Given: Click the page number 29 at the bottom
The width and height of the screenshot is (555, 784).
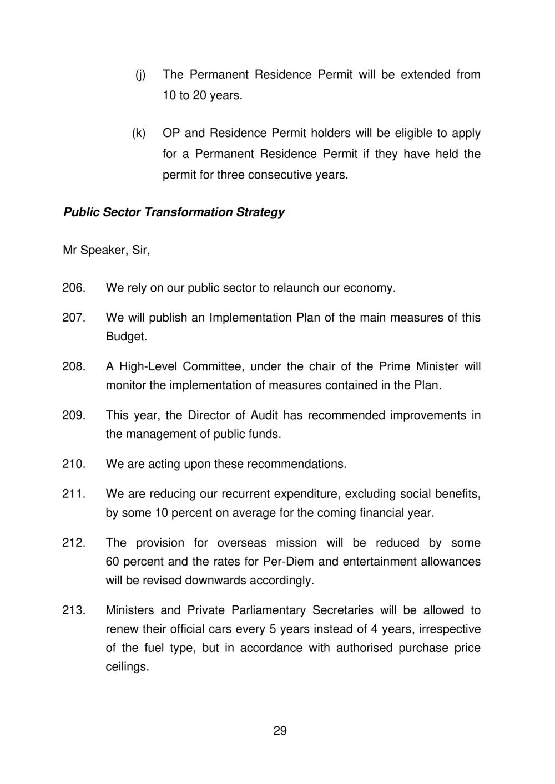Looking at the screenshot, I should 280,731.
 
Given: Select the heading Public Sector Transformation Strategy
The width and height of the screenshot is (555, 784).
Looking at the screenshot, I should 174,212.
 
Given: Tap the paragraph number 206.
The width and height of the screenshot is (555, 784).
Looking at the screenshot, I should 73,288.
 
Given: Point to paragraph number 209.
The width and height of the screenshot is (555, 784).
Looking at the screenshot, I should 73,415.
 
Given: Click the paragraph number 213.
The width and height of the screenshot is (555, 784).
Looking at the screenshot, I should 73,610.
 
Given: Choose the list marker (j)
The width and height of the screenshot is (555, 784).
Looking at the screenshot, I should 140,75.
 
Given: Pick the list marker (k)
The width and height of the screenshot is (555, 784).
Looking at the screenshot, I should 139,133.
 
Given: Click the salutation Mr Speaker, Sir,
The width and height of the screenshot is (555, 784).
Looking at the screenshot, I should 107,251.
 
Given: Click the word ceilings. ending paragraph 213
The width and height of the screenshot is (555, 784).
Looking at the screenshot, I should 128,667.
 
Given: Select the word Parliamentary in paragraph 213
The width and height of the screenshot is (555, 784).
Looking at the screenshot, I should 260,610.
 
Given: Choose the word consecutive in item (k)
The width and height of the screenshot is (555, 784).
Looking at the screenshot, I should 279,175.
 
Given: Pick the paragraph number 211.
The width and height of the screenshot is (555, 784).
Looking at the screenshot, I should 73,494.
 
